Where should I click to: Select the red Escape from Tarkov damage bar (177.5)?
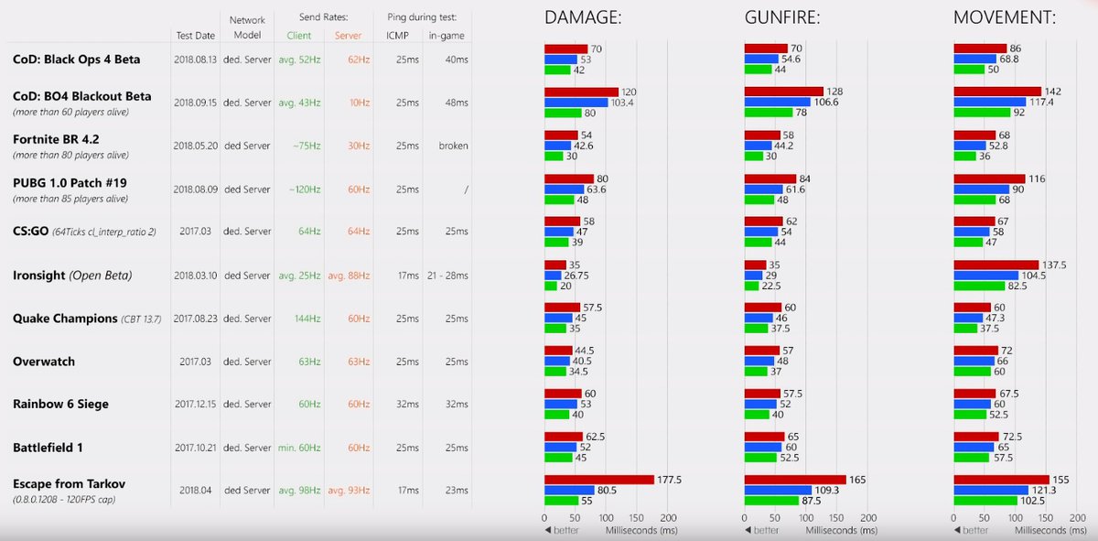click(x=599, y=480)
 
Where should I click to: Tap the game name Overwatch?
click(x=44, y=362)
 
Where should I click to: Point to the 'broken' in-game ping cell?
click(x=453, y=146)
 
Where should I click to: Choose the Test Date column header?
click(x=196, y=36)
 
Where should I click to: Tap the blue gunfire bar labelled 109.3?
click(x=778, y=490)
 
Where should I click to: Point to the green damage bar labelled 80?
click(x=563, y=113)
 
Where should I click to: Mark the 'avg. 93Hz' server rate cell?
click(x=349, y=491)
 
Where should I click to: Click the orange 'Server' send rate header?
click(x=347, y=36)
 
